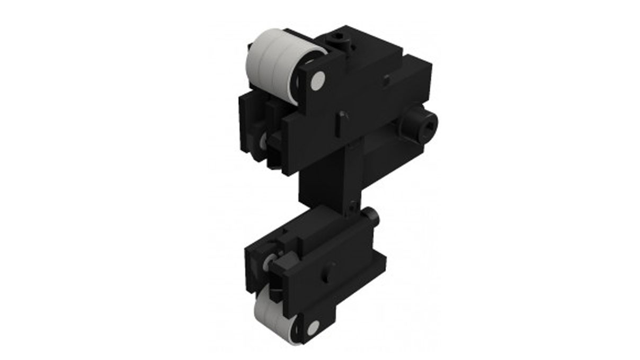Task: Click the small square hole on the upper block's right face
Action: [387, 78]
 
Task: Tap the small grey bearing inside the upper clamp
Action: [263, 140]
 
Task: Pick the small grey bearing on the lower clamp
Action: [270, 260]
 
